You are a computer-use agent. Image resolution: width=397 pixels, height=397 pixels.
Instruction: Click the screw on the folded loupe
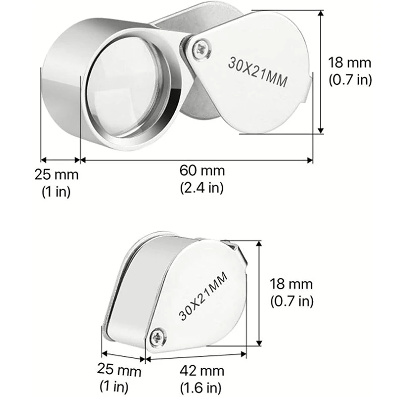(158, 337)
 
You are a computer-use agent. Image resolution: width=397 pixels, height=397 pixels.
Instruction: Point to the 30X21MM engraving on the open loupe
(258, 72)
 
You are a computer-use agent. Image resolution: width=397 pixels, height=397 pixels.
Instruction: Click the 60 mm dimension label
(202, 171)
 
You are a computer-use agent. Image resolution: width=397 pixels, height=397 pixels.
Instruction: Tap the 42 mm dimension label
(202, 371)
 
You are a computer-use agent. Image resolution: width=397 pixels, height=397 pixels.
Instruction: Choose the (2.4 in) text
(202, 188)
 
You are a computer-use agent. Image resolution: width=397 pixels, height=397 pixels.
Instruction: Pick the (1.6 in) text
(201, 388)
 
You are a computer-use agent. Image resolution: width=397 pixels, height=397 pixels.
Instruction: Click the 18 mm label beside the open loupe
(350, 63)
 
